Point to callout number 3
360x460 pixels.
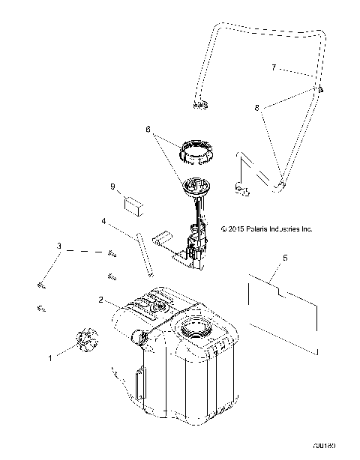pos(58,246)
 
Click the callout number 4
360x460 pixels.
pos(106,221)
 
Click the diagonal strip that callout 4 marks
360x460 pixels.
pos(145,255)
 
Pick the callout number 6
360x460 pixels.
pos(149,129)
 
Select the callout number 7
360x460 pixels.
pos(274,67)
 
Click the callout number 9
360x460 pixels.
pos(112,186)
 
